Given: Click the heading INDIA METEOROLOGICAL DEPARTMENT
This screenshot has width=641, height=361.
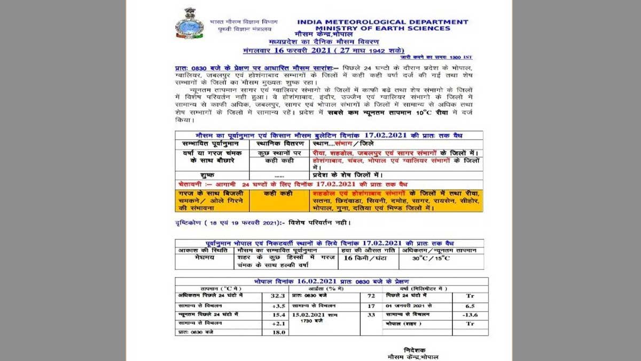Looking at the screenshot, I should click(382, 22).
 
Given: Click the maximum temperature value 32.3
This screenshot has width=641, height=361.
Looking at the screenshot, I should click(276, 295).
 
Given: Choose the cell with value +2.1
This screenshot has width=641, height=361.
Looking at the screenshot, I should click(276, 324).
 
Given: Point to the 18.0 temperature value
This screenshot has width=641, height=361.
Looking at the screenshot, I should click(276, 333).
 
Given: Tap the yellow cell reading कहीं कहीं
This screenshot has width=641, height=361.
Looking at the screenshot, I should click(278, 193).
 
